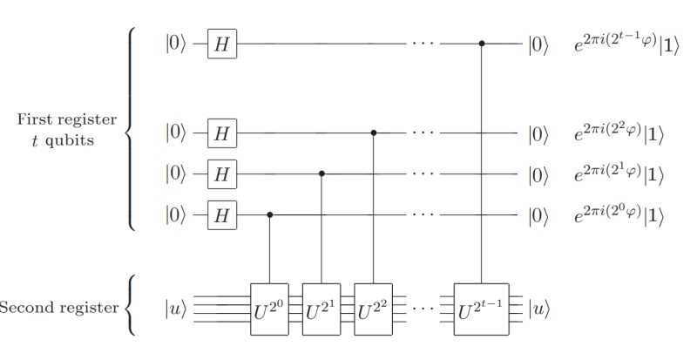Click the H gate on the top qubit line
[x=222, y=44]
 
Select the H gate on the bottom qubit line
[x=222, y=214]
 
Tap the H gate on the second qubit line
[x=222, y=133]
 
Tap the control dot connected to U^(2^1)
[x=321, y=173]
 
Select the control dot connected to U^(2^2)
[x=374, y=133]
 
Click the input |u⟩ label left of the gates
[x=176, y=309]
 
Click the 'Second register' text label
[x=58, y=309]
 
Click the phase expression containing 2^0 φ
[x=619, y=214]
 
